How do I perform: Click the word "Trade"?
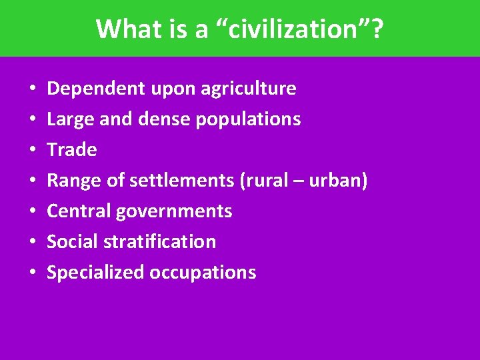(x=72, y=150)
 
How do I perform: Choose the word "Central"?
(x=79, y=211)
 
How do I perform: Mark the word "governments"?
(x=174, y=211)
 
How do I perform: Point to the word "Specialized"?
(x=96, y=272)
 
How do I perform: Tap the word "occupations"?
(x=203, y=272)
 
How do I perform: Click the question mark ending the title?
(x=377, y=29)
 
